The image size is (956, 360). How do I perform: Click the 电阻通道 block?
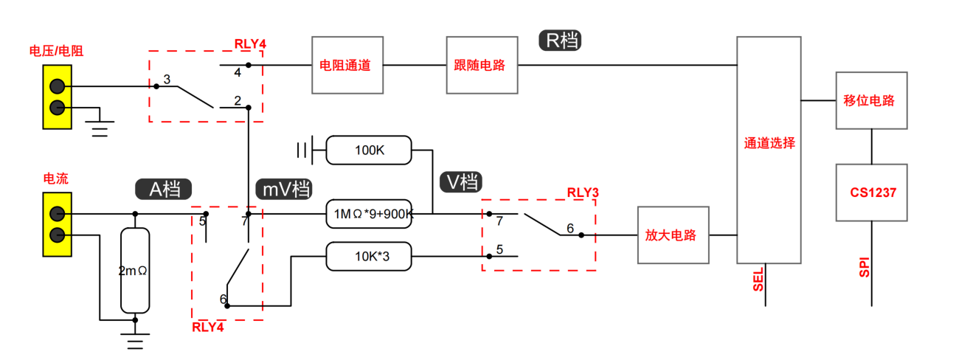(x=347, y=65)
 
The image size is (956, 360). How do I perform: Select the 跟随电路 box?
(x=482, y=65)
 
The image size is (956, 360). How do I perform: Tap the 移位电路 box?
(x=871, y=100)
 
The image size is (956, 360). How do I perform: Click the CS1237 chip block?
(x=871, y=193)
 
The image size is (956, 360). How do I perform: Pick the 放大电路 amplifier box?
(x=673, y=235)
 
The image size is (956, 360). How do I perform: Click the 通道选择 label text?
(x=769, y=143)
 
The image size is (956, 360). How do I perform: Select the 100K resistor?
(x=369, y=150)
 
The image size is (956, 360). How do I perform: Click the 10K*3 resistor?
(x=369, y=256)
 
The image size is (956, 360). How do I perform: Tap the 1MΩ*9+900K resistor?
(x=369, y=213)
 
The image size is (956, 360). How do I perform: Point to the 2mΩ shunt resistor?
(x=135, y=270)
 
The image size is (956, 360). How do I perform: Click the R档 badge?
(x=560, y=41)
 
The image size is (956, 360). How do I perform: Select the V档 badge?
(x=461, y=182)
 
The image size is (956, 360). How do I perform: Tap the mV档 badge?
(x=284, y=189)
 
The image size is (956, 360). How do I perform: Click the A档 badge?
(x=164, y=189)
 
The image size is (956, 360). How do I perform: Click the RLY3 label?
(x=583, y=193)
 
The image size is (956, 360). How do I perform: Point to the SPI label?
(x=864, y=267)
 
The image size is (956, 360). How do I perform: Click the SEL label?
(x=758, y=280)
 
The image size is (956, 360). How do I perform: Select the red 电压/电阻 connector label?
(x=56, y=51)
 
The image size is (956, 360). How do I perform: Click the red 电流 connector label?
(x=56, y=179)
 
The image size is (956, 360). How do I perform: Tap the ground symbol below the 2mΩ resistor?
(x=135, y=339)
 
